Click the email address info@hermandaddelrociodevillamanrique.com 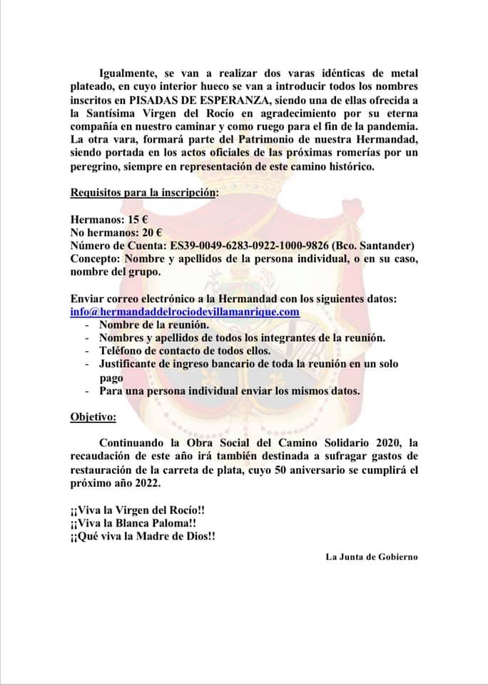(185, 312)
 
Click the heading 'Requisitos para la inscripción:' (144, 193)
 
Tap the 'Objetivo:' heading (93, 416)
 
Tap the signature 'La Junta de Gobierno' (371, 557)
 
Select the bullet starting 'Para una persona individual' (230, 390)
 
